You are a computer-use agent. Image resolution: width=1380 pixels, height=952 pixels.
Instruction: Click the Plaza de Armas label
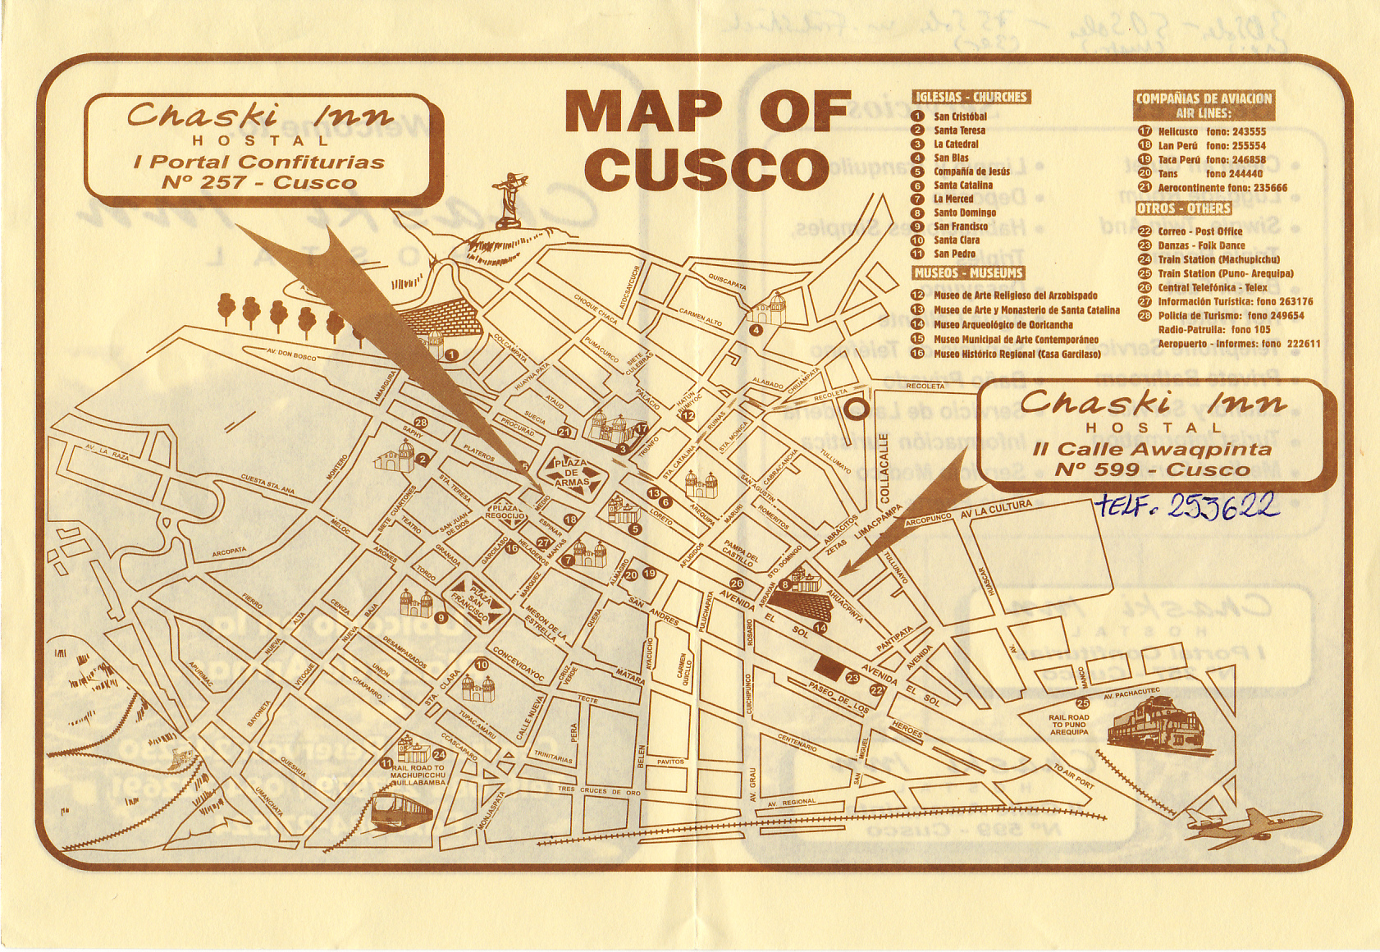pos(571,474)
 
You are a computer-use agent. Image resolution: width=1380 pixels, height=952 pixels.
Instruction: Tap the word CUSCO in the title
pos(706,169)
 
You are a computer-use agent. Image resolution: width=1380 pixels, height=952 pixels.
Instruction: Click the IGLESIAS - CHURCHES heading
pos(971,97)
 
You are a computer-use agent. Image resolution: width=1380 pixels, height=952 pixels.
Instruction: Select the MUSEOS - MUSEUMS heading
pos(969,272)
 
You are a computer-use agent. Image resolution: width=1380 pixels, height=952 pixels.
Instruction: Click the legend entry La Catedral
pos(956,144)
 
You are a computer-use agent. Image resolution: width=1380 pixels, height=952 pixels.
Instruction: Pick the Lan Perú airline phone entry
pos(1211,145)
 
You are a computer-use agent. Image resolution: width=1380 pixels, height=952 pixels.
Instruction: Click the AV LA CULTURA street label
pos(995,509)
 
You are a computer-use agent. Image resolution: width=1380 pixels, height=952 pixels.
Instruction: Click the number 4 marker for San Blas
pos(756,330)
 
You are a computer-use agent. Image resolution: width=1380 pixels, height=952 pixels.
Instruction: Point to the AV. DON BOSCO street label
pos(291,354)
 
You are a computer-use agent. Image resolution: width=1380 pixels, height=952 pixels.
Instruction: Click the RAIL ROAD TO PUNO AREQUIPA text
pos(1068,725)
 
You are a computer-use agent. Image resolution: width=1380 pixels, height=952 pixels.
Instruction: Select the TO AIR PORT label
pos(1073,776)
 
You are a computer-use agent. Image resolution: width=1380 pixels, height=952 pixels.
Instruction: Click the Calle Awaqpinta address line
pos(1152,449)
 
